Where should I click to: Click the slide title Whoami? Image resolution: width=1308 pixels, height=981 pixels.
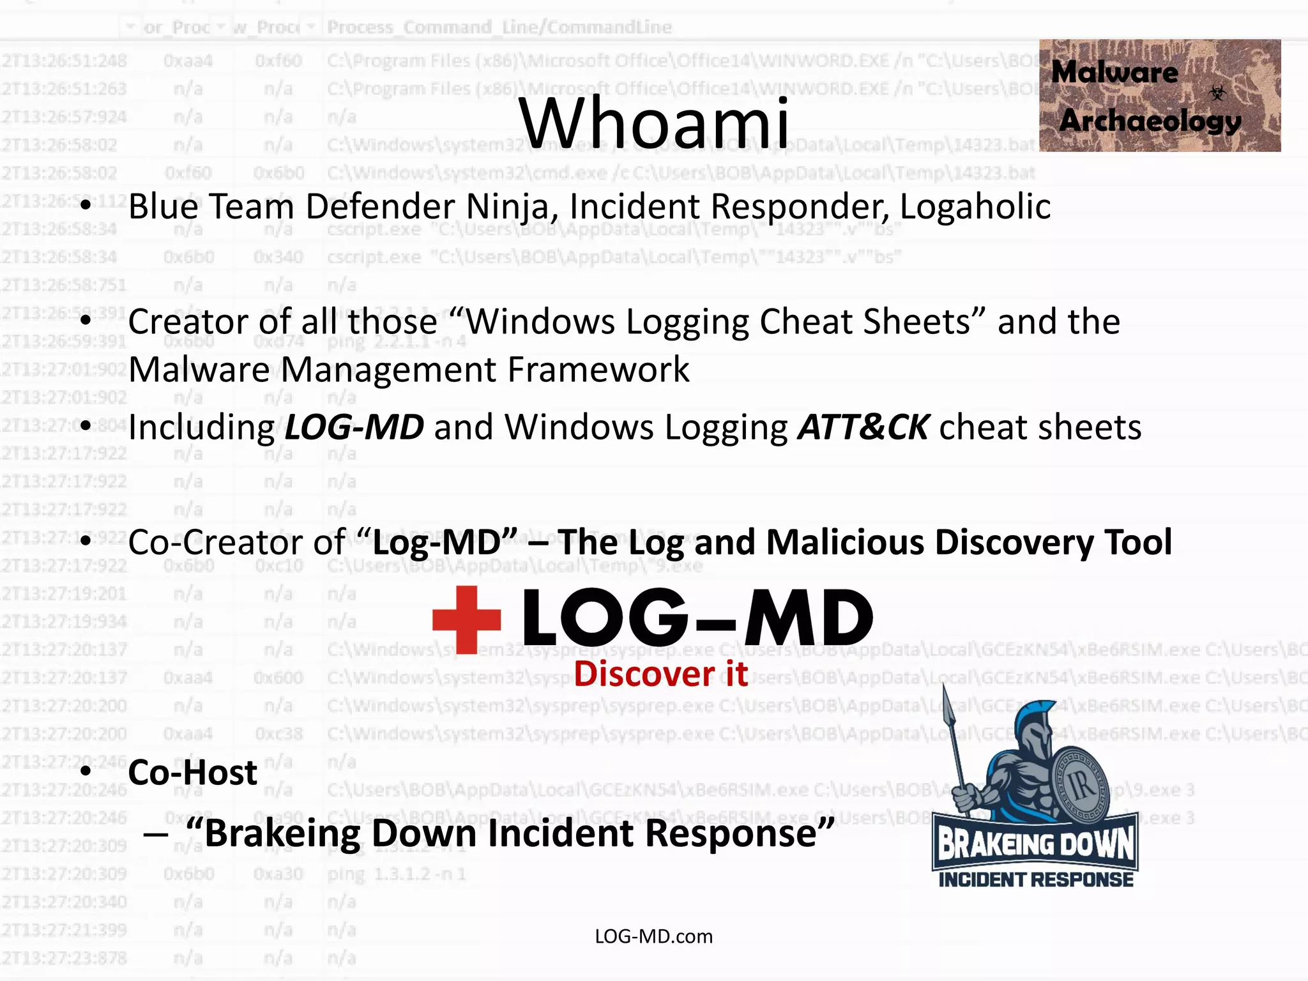654,123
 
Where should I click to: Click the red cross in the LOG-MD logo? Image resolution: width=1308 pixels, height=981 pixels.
466,619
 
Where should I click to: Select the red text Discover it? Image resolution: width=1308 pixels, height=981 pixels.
660,674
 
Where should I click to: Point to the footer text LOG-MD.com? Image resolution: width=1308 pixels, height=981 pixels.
653,936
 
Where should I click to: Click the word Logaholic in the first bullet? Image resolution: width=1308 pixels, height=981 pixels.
975,207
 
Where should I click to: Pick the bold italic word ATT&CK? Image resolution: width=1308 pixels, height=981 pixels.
863,427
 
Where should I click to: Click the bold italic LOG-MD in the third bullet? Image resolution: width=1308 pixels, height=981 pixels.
354,427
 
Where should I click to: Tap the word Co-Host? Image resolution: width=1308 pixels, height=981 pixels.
193,773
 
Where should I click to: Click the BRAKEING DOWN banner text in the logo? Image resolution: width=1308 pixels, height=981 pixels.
1035,844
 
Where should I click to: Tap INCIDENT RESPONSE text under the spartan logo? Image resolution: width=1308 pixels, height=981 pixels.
1035,880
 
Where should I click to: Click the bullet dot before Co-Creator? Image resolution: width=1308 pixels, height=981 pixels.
86,541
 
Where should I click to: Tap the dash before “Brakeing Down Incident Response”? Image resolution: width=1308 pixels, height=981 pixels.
156,833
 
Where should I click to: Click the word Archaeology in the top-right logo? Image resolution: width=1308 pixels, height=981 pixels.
1150,121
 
